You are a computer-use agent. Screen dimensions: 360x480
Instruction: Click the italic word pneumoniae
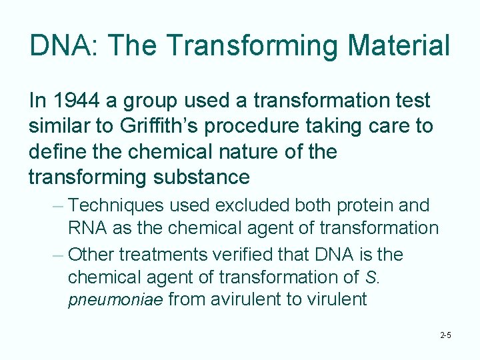(115, 299)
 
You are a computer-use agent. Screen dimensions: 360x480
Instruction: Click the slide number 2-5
(446, 335)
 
